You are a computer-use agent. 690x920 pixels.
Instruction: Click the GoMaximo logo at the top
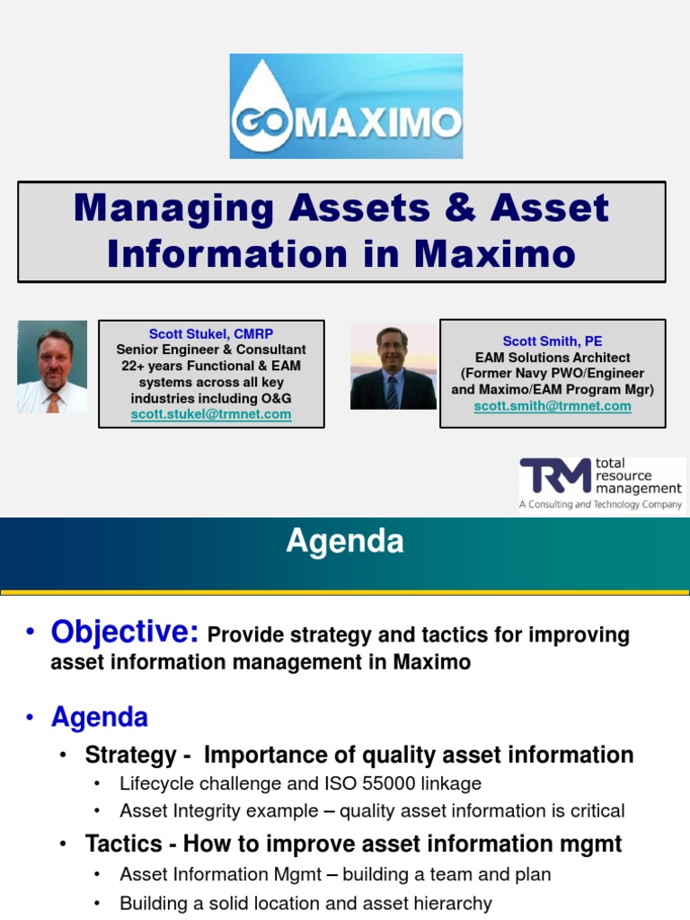pos(346,106)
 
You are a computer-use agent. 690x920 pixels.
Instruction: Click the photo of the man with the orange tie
pos(52,367)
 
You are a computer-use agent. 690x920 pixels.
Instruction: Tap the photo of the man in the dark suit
pos(393,367)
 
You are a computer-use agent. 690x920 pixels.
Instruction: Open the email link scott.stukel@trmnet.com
pos(211,414)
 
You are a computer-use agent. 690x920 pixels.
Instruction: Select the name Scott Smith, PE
pos(552,341)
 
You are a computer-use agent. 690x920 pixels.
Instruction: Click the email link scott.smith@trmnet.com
pos(552,405)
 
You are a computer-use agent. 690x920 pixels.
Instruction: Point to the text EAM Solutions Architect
pos(552,357)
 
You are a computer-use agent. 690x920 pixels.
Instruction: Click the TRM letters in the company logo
pos(555,476)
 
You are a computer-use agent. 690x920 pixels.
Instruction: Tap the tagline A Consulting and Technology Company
pos(600,505)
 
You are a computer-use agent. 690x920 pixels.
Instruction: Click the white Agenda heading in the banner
pos(345,542)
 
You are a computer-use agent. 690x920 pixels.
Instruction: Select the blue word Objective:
pos(125,632)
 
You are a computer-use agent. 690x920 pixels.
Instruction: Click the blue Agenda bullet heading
pos(99,717)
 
